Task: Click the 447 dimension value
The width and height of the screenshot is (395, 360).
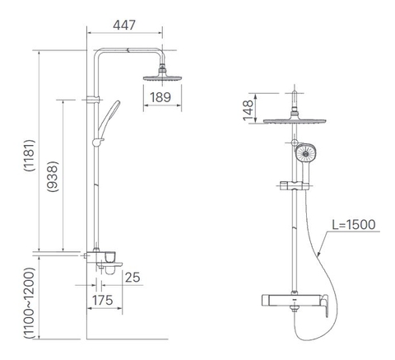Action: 125,26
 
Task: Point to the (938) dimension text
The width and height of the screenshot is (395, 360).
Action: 52,175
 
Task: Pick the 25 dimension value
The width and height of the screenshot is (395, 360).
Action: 132,276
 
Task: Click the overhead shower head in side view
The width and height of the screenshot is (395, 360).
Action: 163,77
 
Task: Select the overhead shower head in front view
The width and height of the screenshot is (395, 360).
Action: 295,122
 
